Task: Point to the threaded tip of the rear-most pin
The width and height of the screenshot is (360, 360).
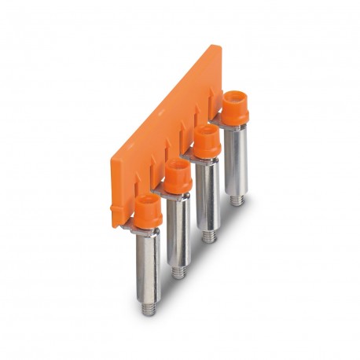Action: (236, 199)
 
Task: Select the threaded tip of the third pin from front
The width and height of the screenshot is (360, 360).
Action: (208, 233)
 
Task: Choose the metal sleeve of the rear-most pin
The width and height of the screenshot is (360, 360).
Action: (235, 161)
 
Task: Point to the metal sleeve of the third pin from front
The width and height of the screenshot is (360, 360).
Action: (207, 193)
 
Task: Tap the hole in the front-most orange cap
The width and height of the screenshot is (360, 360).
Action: (144, 203)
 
